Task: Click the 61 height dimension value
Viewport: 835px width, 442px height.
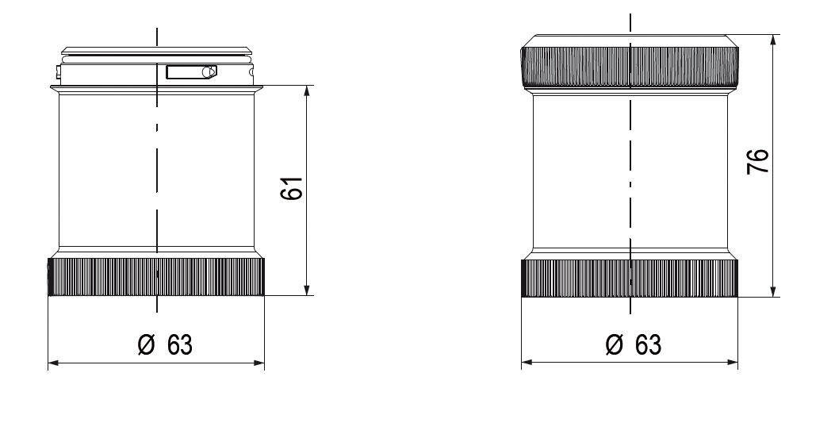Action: click(293, 189)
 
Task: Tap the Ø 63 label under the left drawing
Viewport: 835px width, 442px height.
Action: click(165, 345)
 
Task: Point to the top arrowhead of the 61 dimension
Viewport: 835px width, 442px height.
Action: click(307, 90)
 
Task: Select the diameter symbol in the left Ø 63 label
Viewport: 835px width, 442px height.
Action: click(145, 345)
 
